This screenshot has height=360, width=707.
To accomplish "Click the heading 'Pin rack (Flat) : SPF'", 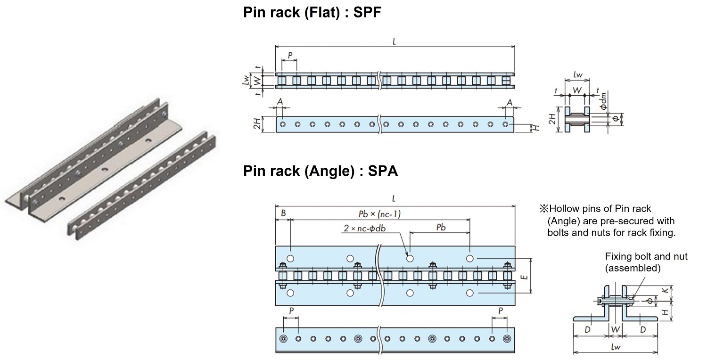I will pos(312,13).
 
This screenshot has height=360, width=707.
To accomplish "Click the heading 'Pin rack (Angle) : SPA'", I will pos(321,171).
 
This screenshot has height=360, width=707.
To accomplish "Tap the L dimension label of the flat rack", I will pos(394,41).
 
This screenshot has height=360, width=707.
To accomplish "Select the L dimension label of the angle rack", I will pos(394,199).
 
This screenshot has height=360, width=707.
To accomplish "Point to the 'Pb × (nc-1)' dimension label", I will pos(380,214).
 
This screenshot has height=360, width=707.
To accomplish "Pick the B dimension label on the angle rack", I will pos(283,213).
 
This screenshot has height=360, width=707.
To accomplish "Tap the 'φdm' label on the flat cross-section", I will pos(605,99).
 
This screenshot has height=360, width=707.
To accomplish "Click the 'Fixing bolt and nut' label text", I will pos(646,256).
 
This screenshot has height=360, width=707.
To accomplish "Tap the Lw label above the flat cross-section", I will pos(578,75).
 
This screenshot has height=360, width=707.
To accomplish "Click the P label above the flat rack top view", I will pos(290,56).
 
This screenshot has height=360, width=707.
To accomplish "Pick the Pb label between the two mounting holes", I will pos(441,227).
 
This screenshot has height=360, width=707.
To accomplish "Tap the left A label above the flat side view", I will pos(280,102).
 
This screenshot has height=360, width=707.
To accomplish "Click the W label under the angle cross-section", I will pos(615,329).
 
